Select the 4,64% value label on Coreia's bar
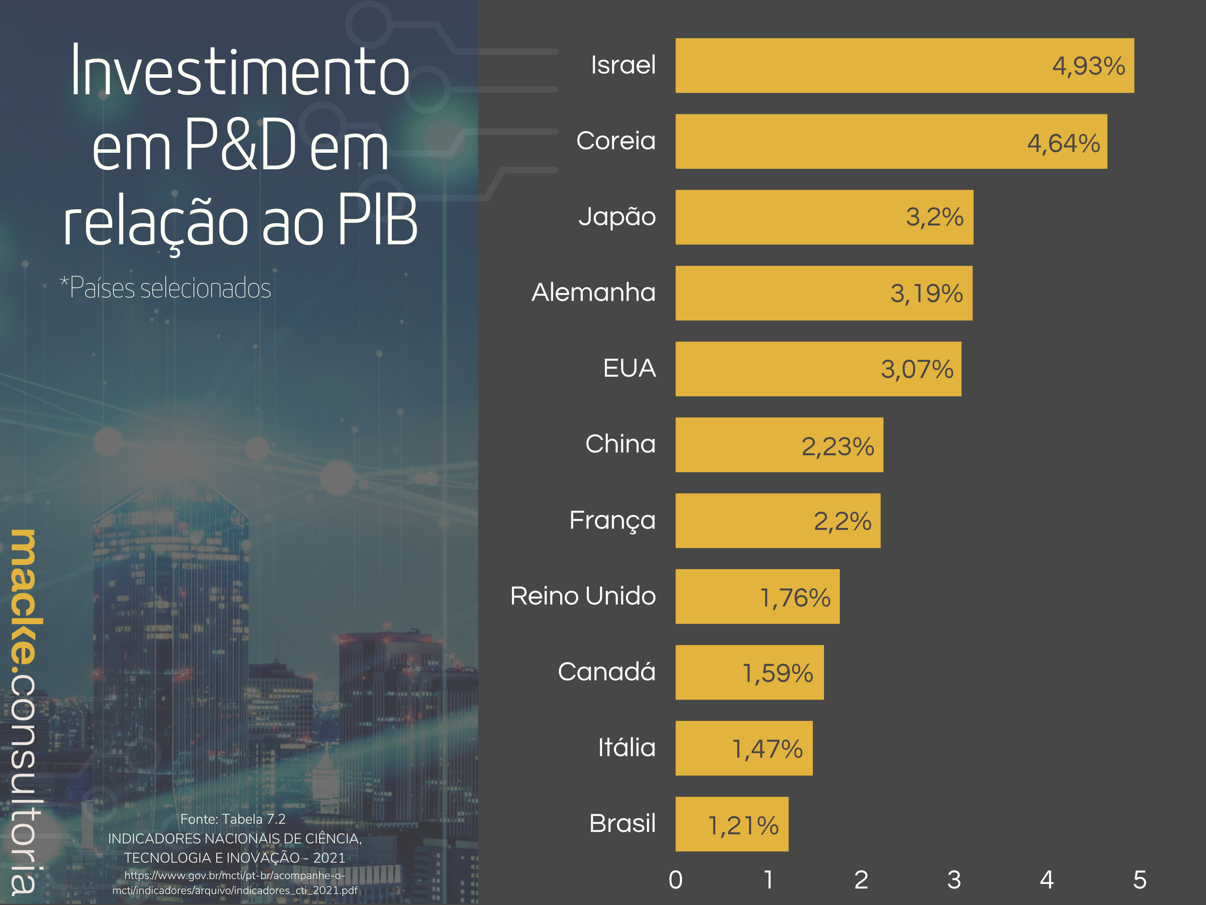(1063, 143)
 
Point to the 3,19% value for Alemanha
(926, 293)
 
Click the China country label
(620, 444)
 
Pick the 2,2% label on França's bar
(842, 521)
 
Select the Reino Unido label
(583, 596)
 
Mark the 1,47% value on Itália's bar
(767, 749)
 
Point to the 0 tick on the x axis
(676, 880)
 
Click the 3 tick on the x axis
(954, 880)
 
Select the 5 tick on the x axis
(1140, 880)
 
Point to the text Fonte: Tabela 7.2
(233, 819)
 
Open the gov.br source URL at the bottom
(235, 883)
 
